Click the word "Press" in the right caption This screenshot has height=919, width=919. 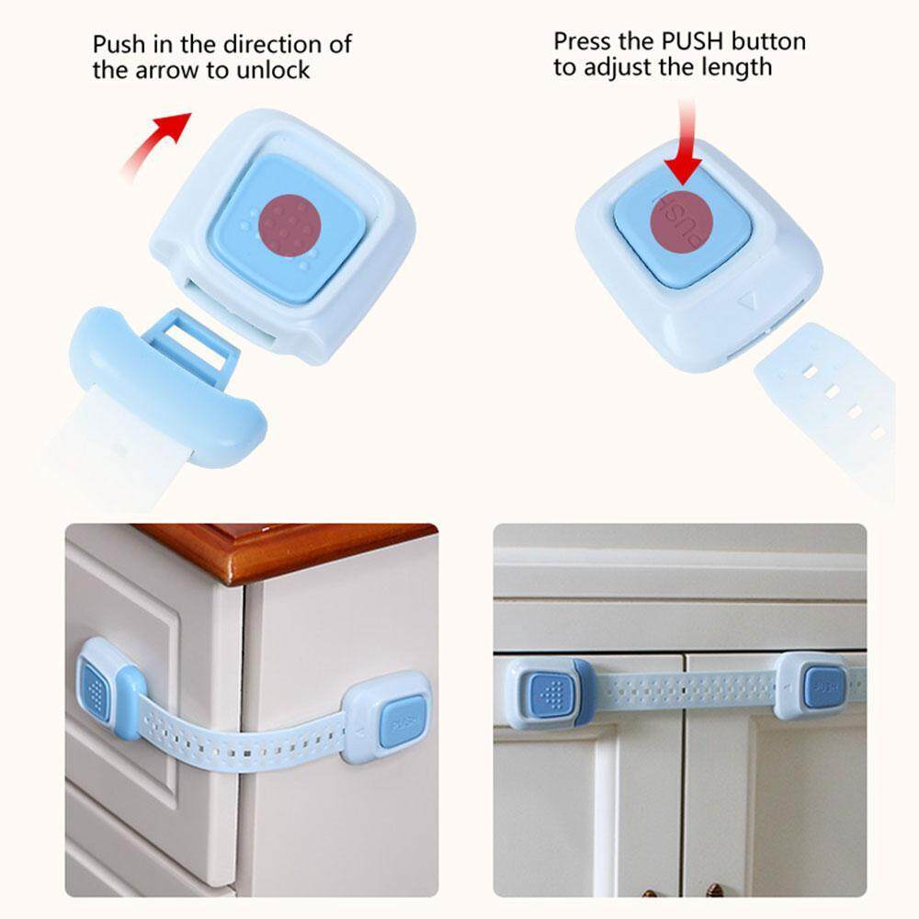pos(583,41)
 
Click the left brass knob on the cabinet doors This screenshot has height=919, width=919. pos(664,890)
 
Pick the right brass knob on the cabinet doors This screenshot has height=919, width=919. pos(715,890)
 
